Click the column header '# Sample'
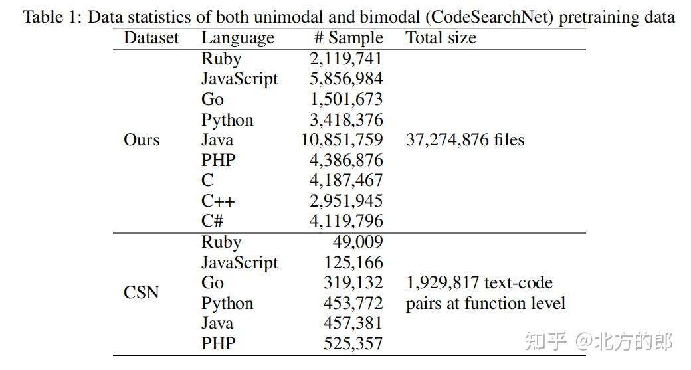pos(348,38)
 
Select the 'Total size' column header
pos(441,38)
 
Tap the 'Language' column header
pos(237,38)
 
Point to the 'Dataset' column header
pos(151,38)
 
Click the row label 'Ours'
pos(142,140)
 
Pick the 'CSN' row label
pos(142,292)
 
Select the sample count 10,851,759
pos(342,140)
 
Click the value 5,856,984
pos(346,79)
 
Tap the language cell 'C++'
pos(218,201)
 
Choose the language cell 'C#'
pos(215,221)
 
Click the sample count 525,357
pos(353,343)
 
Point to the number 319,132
pos(353,283)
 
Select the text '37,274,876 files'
pos(464,140)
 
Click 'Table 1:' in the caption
pos(53,17)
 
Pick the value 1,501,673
pos(346,100)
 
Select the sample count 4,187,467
pos(346,181)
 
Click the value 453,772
pos(353,304)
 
